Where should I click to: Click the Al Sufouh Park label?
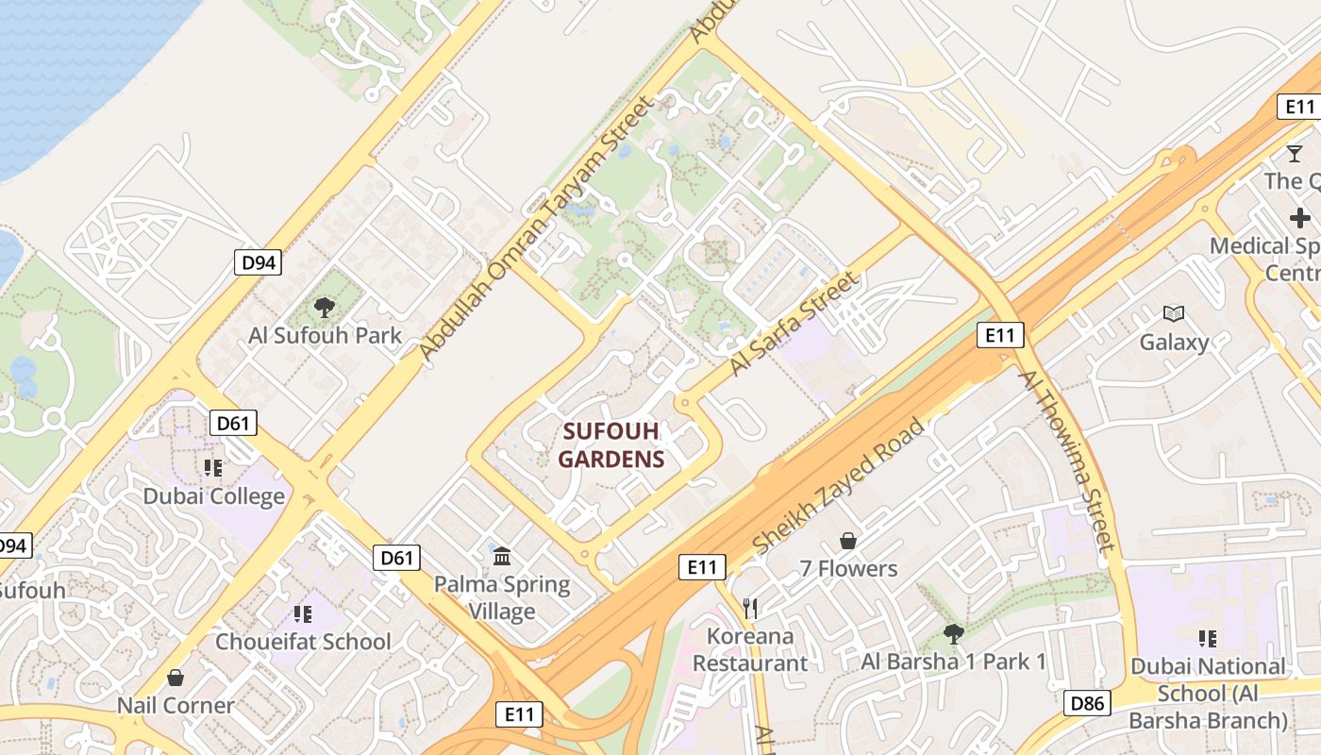[x=325, y=335]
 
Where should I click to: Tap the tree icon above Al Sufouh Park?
[x=325, y=307]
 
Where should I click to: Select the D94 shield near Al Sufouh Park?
[x=258, y=262]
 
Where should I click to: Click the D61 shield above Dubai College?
[x=232, y=423]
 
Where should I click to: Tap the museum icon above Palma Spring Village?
[x=501, y=555]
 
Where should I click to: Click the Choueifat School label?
[x=303, y=642]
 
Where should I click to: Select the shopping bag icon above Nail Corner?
[x=175, y=678]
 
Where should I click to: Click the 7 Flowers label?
[x=848, y=568]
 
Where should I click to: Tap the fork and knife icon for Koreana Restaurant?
[x=750, y=607]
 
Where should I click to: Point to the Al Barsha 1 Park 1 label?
[x=953, y=662]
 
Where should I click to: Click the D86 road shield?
[x=1087, y=702]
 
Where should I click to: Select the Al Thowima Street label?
[x=1067, y=460]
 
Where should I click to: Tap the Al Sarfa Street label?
[x=794, y=324]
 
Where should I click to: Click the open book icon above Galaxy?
[x=1174, y=313]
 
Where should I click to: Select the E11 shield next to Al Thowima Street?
[x=1000, y=334]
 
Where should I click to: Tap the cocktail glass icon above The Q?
[x=1295, y=153]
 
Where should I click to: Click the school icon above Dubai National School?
[x=1207, y=639]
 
